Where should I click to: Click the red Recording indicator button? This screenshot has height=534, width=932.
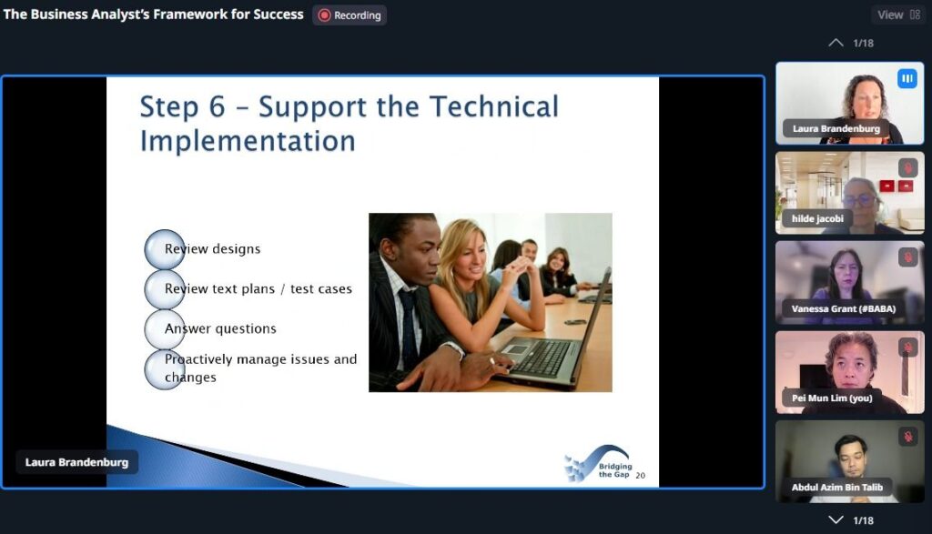(x=349, y=15)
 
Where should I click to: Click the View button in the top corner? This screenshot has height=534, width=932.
(x=898, y=15)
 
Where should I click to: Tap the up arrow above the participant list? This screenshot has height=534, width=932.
(x=836, y=43)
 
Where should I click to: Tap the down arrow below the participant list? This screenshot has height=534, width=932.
(x=836, y=519)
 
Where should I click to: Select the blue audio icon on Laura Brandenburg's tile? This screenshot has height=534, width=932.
(x=907, y=78)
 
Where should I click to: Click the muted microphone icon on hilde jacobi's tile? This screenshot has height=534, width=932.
(x=907, y=168)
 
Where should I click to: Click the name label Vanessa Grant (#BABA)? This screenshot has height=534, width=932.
(x=844, y=308)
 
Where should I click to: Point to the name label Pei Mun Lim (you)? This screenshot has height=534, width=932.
(x=832, y=398)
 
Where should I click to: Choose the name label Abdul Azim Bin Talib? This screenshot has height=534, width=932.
(x=837, y=487)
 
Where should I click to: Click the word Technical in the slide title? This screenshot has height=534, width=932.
(x=494, y=107)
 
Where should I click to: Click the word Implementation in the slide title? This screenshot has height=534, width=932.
(x=248, y=142)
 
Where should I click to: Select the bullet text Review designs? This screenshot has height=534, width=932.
(x=212, y=249)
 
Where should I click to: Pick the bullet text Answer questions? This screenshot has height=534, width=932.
(x=220, y=328)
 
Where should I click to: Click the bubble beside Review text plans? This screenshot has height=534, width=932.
(x=164, y=289)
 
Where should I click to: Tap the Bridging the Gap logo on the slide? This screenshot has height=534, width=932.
(x=598, y=464)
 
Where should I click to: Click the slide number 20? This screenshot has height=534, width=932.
(x=640, y=475)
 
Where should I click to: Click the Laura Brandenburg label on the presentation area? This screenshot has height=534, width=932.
(x=76, y=462)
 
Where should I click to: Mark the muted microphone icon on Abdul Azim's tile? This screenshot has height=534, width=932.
(x=907, y=438)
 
